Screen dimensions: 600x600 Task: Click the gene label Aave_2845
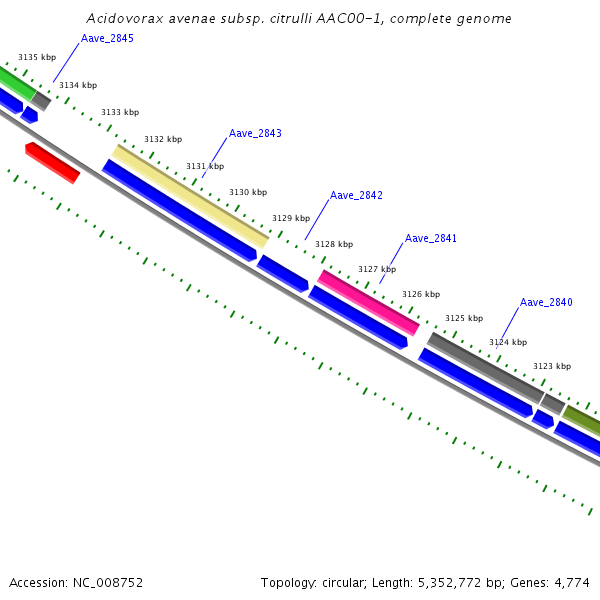click(x=107, y=38)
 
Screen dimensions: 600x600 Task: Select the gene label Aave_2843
click(x=255, y=133)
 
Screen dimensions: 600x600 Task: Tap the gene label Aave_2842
click(x=356, y=195)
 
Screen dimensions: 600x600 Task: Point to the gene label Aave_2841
click(x=431, y=238)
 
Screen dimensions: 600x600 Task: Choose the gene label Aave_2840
click(x=546, y=302)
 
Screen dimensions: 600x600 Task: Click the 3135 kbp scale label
click(x=37, y=58)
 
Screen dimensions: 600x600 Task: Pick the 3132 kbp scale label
click(x=163, y=139)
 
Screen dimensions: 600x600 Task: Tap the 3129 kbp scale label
click(x=291, y=218)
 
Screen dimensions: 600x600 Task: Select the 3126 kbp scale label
click(x=421, y=294)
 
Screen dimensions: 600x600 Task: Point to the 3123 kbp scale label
click(x=552, y=367)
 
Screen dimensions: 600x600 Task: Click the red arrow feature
click(x=52, y=162)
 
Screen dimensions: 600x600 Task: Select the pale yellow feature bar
click(x=190, y=196)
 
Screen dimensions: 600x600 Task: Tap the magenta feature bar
click(x=368, y=302)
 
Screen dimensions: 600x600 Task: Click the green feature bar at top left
click(x=15, y=82)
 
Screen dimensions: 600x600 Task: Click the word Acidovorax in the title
click(x=121, y=18)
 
